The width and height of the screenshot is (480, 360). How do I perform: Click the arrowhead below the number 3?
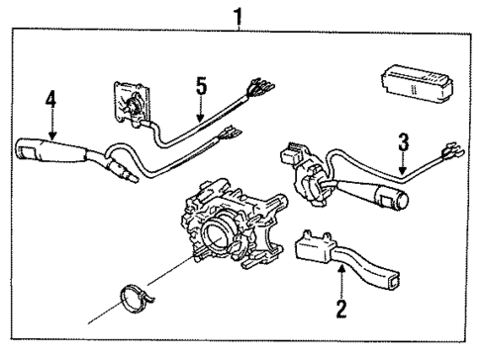[401, 172]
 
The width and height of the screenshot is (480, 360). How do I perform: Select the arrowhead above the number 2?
[341, 278]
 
